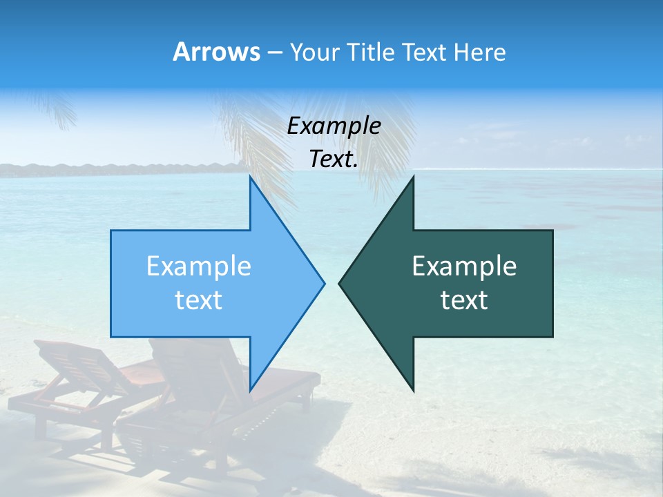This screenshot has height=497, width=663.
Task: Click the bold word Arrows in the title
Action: coord(217,52)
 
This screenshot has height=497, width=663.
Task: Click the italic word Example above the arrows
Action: coord(334,126)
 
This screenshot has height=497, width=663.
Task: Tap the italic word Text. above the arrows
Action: coord(334,159)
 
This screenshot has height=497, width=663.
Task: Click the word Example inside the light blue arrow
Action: coord(199,266)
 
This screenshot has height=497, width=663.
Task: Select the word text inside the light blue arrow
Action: coord(199,300)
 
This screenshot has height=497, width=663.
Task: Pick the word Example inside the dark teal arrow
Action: coord(464,266)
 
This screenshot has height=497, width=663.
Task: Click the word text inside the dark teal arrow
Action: coord(464,300)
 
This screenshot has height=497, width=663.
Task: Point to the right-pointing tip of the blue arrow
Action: coord(324,282)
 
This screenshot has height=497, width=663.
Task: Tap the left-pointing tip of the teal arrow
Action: coord(339,282)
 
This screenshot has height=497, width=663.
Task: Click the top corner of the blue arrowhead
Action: coord(250,177)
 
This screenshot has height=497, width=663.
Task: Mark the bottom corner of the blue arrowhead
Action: coord(250,390)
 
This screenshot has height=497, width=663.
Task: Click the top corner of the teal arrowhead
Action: coord(413,177)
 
